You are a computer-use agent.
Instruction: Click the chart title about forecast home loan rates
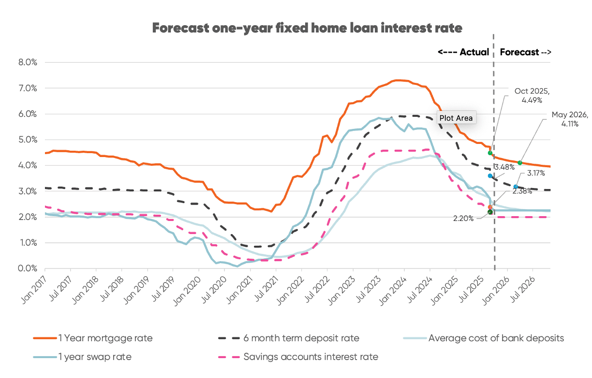pos(307,28)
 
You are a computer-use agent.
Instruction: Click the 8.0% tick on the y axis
pos(28,63)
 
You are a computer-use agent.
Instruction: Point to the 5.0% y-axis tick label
pos(28,140)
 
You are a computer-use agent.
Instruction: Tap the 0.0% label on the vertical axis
pos(28,268)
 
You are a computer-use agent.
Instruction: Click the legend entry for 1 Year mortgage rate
pos(105,338)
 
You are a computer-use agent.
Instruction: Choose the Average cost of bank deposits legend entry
pos(496,338)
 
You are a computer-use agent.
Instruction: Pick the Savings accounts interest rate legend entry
pos(311,357)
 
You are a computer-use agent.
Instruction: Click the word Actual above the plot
pos(474,52)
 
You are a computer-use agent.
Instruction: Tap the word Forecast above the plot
pos(519,52)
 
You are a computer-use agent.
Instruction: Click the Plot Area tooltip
pos(456,118)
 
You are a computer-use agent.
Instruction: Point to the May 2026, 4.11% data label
pos(570,120)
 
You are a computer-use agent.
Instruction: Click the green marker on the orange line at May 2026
pos(520,163)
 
